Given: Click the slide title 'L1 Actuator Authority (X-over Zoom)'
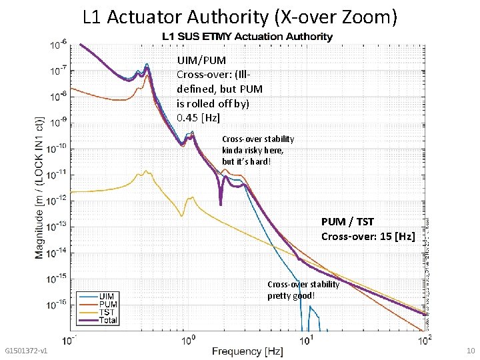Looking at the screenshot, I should [x=240, y=17].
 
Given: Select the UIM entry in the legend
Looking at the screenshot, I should [x=106, y=295].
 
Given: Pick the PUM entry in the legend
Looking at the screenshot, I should [x=107, y=304].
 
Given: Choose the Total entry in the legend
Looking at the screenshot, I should [x=109, y=321].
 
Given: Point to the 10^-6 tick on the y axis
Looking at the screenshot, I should [x=58, y=45].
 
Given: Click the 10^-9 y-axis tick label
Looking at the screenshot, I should [x=58, y=122].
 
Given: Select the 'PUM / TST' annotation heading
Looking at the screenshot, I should [x=347, y=221].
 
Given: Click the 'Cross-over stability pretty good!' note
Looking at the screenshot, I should [x=303, y=290].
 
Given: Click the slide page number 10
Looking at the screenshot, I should [x=469, y=351].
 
